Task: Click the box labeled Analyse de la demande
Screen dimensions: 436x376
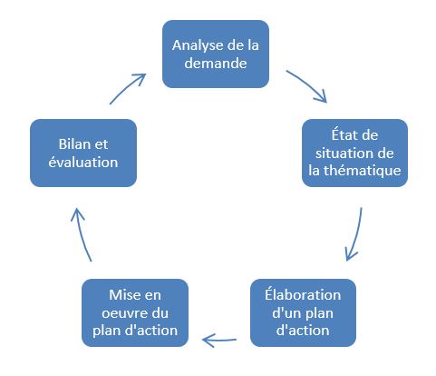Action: click(x=216, y=54)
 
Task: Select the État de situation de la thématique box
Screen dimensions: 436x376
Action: click(x=354, y=153)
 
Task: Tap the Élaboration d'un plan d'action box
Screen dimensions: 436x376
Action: click(x=303, y=312)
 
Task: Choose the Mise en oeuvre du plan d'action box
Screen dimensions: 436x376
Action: click(x=135, y=312)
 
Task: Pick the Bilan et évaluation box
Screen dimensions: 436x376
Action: click(x=83, y=153)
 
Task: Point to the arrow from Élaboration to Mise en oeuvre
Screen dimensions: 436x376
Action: click(x=219, y=341)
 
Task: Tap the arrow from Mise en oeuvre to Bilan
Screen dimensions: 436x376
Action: click(x=80, y=233)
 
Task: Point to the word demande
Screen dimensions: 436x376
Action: click(x=216, y=63)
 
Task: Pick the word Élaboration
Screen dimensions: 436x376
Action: click(x=303, y=294)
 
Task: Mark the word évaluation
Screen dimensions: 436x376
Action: click(x=83, y=162)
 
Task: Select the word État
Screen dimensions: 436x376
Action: click(x=343, y=134)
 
